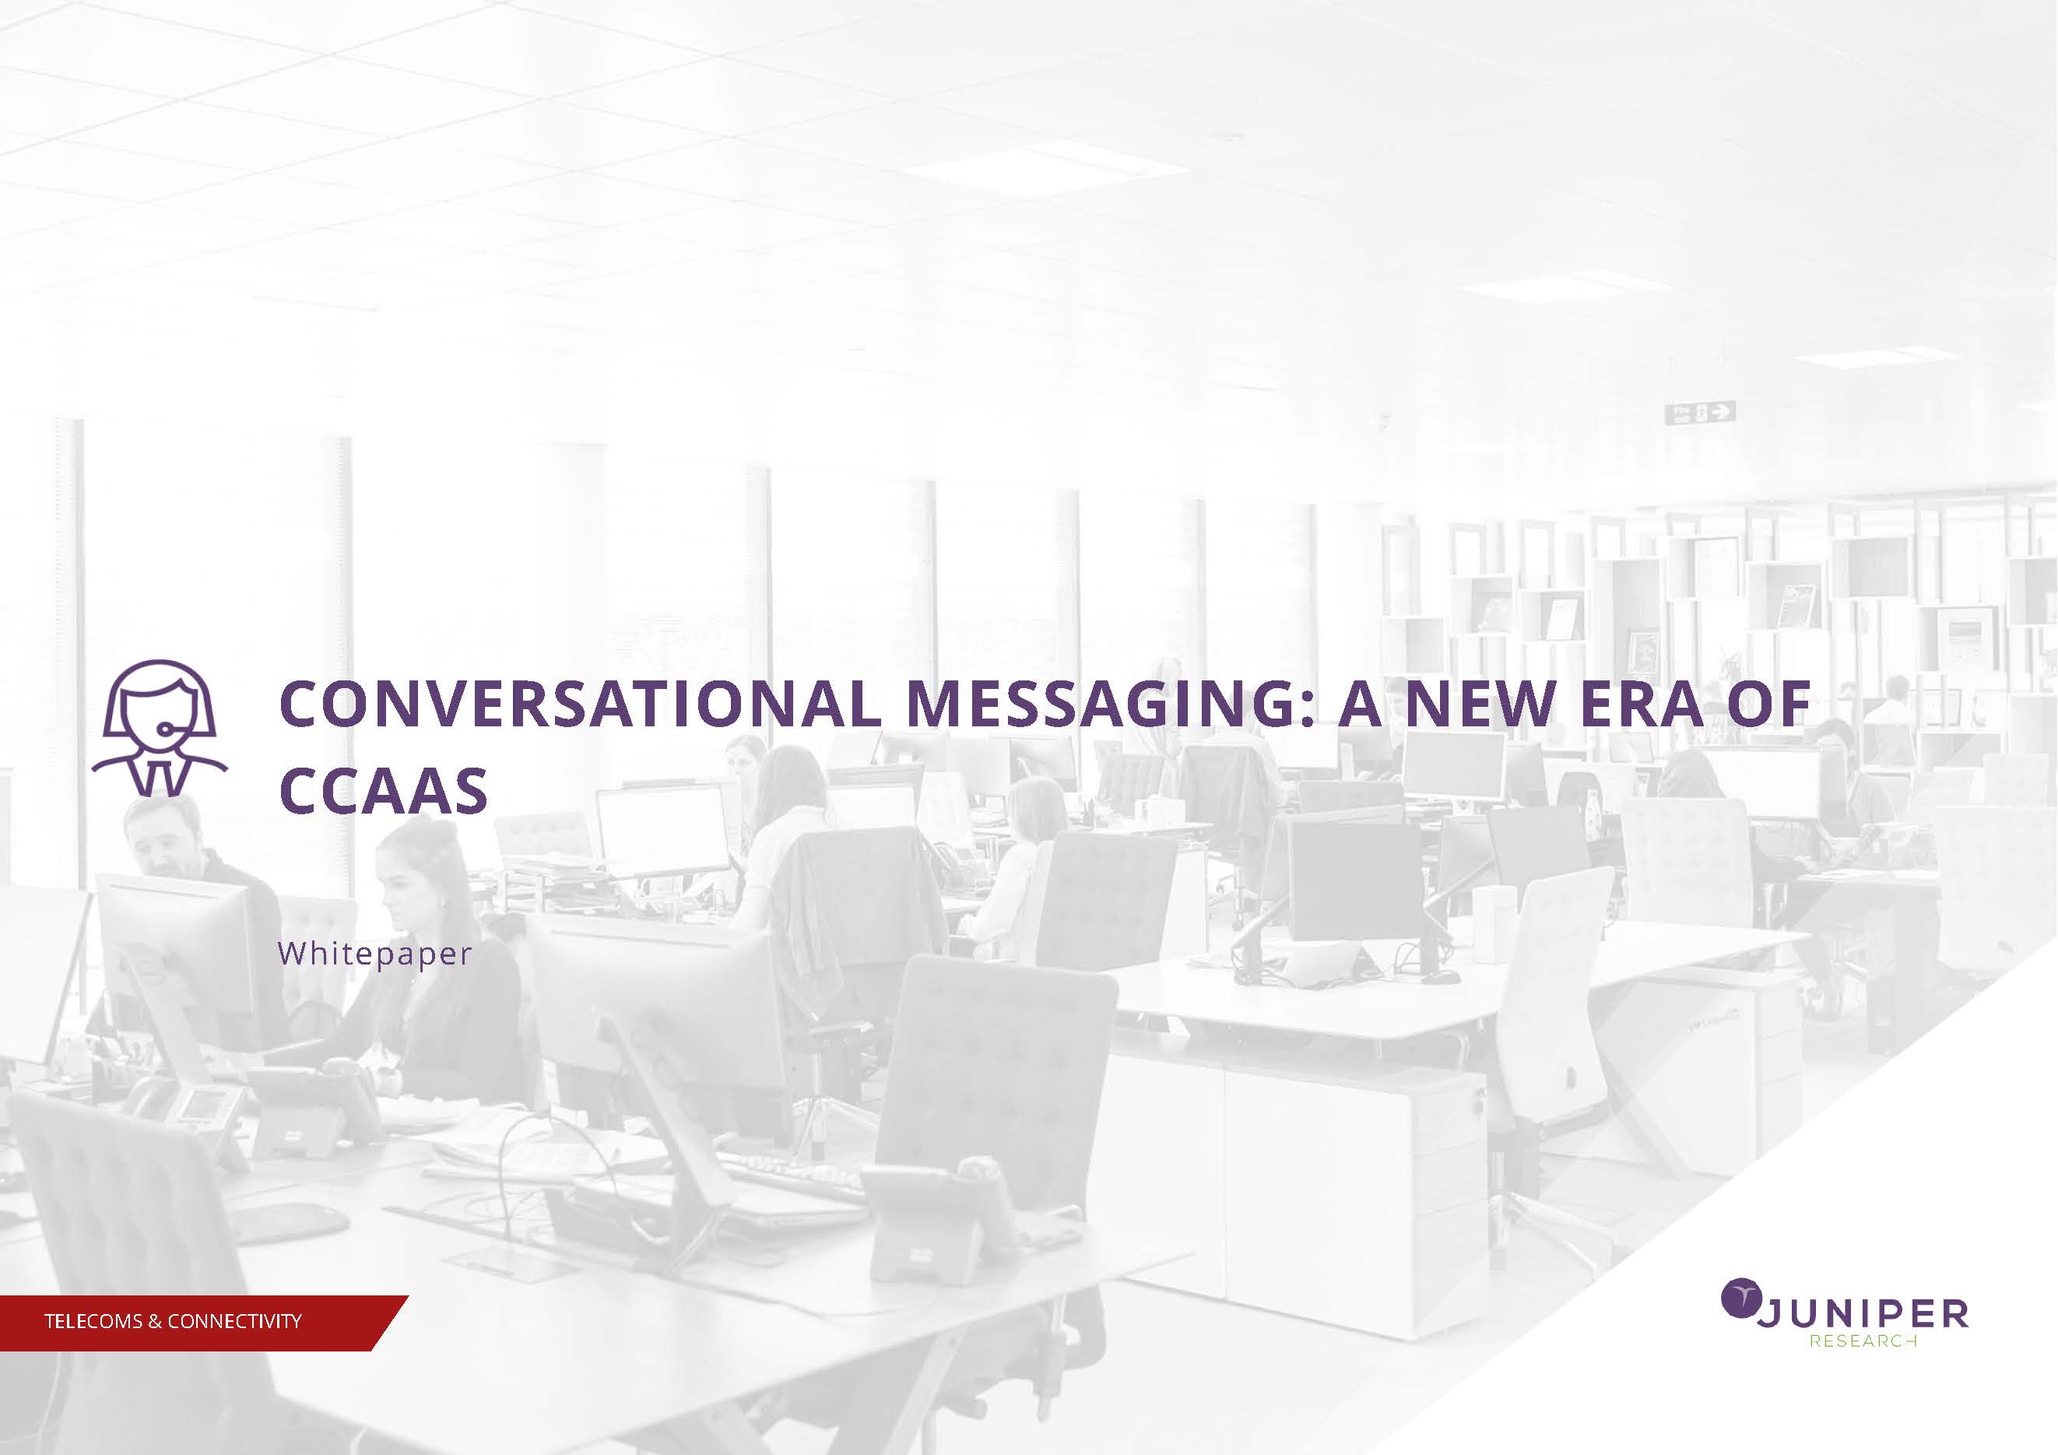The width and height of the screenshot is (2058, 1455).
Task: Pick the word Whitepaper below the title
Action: click(374, 954)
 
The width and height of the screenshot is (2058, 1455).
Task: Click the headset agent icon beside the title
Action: click(160, 728)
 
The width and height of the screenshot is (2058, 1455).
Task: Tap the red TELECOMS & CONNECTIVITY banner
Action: click(205, 1323)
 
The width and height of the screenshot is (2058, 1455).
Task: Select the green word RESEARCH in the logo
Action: click(1863, 1341)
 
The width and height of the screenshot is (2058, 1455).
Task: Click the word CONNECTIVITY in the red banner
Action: click(235, 1321)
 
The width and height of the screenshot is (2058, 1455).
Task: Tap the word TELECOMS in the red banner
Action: click(93, 1321)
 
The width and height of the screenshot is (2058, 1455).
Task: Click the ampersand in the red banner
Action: click(155, 1321)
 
